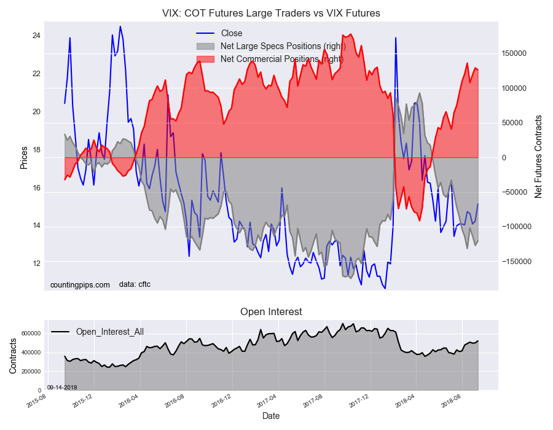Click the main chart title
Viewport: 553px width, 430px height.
(271, 14)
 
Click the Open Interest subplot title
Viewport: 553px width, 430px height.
(271, 311)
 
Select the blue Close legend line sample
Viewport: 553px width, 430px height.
(205, 33)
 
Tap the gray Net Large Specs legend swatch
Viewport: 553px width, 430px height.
(205, 46)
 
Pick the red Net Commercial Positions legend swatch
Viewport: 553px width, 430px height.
(205, 59)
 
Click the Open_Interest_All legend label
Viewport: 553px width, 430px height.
(110, 332)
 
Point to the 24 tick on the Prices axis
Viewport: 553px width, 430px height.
(36, 36)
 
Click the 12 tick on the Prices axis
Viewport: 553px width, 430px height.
(36, 264)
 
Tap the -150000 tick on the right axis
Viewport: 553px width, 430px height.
(516, 262)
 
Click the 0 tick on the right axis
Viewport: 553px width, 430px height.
(504, 157)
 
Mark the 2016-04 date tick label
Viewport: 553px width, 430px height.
(129, 401)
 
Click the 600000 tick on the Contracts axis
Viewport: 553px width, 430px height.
(31, 334)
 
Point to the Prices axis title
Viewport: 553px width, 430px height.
(23, 157)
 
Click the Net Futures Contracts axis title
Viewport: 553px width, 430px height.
(538, 157)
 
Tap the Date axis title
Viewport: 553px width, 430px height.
(271, 416)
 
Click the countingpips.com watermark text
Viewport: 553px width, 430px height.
(80, 285)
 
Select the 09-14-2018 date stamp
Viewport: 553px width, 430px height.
(62, 388)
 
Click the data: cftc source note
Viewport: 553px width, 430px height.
(135, 284)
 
